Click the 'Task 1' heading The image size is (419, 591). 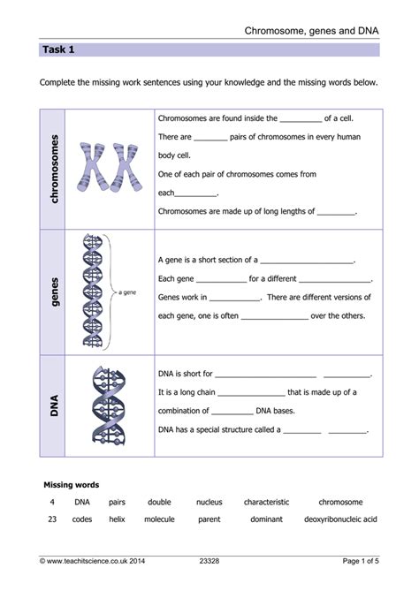click(58, 49)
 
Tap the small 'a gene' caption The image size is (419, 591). click(127, 291)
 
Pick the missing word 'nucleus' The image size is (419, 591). click(209, 502)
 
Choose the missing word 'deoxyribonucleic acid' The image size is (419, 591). click(340, 519)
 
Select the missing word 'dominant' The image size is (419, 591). click(266, 519)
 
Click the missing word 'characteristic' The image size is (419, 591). click(267, 502)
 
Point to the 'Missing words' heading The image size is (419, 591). click(72, 485)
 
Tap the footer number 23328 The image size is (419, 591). click(209, 562)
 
